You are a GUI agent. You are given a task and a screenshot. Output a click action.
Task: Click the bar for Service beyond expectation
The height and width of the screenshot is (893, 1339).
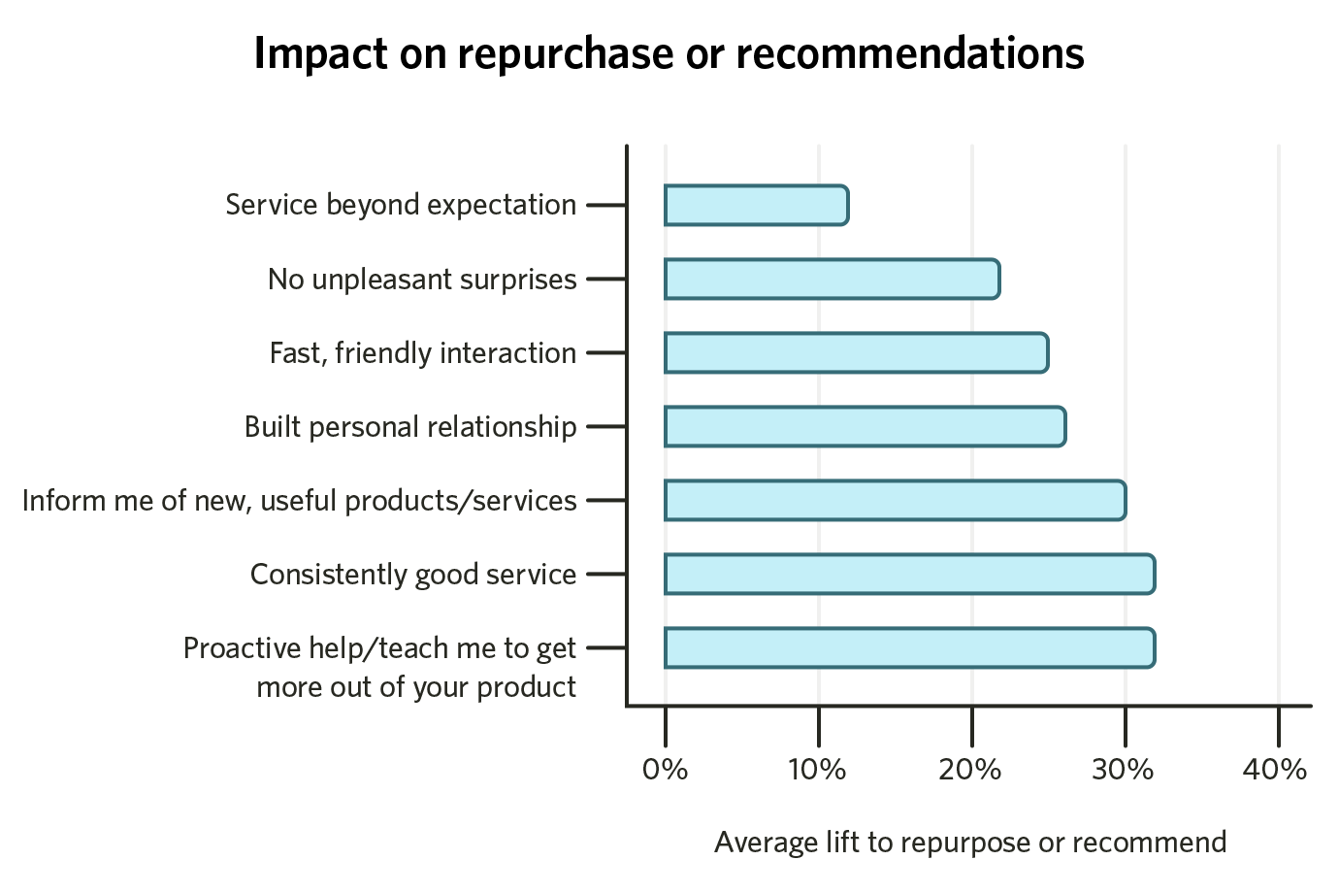point(756,205)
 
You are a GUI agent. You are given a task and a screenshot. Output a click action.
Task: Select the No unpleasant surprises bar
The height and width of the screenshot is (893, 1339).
point(832,280)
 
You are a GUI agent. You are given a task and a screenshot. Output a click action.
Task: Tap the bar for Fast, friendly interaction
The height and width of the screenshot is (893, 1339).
point(856,353)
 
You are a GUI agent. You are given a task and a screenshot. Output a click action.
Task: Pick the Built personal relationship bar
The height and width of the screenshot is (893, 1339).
point(865,427)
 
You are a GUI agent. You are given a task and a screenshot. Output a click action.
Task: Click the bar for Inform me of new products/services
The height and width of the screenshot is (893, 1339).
point(895,501)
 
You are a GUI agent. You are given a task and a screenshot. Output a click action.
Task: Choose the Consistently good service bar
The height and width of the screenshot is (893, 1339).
point(909,575)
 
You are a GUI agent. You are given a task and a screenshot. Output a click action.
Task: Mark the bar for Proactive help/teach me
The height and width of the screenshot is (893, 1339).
point(909,648)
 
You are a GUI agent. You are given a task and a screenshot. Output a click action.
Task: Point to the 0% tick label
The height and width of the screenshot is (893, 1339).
point(665,771)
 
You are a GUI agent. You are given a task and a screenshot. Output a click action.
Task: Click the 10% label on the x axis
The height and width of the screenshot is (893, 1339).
point(817,771)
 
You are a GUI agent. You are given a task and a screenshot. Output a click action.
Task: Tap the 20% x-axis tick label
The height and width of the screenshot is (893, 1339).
point(970,771)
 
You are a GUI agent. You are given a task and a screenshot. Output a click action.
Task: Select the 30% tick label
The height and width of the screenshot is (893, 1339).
point(1124,771)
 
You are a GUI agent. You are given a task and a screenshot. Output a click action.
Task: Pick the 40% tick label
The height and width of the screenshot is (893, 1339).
point(1276,771)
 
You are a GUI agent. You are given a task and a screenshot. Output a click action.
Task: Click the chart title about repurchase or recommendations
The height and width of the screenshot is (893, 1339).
point(669,54)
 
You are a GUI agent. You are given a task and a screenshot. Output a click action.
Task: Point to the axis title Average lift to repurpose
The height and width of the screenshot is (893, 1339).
point(970,843)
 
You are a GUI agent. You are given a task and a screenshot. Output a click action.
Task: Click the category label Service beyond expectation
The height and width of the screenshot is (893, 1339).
point(401,205)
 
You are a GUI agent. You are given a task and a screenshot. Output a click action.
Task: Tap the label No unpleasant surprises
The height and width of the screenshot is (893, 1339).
point(422,280)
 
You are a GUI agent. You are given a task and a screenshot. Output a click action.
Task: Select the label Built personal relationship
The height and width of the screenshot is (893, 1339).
point(410,427)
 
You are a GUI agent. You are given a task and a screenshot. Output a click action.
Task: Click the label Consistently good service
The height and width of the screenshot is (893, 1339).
point(413,575)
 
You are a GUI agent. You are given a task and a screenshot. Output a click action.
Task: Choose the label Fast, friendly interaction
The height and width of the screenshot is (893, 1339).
point(423,353)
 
